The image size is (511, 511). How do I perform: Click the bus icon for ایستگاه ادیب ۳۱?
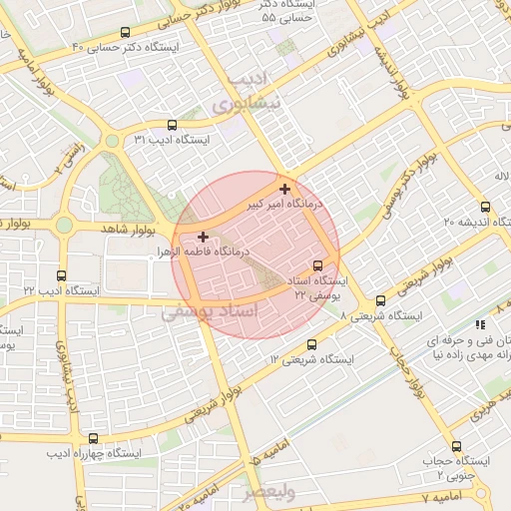173,126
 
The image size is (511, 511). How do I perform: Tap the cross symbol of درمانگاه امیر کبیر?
286,189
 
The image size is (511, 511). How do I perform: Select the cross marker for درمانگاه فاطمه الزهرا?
204,238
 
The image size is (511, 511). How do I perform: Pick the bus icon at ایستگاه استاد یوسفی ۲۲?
317,265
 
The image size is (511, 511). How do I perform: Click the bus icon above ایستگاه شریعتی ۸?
380,300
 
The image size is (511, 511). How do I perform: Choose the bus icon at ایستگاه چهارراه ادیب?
94,437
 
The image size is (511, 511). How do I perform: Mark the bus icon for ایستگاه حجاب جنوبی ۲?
457,446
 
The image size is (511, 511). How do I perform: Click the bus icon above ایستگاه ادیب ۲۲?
62,275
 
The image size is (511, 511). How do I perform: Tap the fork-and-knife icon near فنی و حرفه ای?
480,324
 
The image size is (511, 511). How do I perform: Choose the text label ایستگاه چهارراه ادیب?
99,452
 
